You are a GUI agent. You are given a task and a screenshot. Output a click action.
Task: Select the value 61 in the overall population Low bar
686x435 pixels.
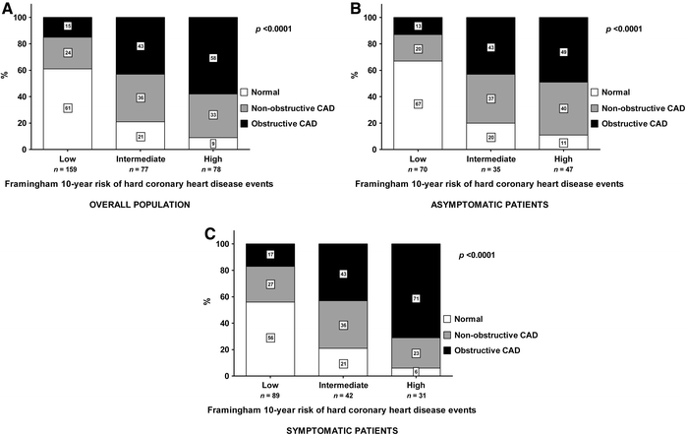(x=68, y=107)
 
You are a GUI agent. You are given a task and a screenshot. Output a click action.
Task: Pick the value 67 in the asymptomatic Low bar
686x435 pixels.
(x=419, y=103)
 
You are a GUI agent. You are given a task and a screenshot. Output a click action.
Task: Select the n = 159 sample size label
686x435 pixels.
(x=68, y=168)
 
